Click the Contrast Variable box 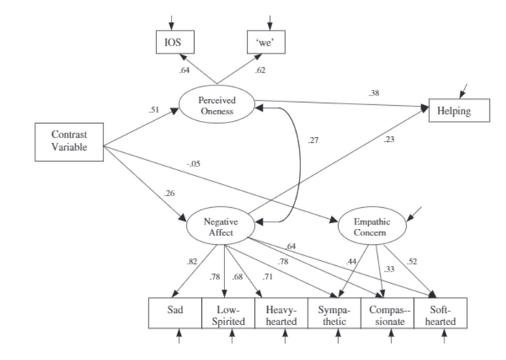[x=69, y=141]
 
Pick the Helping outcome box [x=455, y=112]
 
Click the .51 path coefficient [x=153, y=110]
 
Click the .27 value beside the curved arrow [x=313, y=140]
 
